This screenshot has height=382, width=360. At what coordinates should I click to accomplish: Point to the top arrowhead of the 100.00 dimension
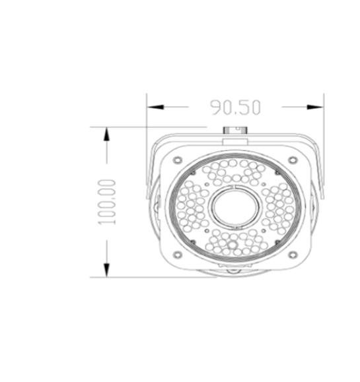[x=106, y=133]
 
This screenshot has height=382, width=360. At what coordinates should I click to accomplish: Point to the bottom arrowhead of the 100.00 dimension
[x=106, y=271]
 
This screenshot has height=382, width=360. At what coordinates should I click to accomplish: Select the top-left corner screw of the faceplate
[x=176, y=160]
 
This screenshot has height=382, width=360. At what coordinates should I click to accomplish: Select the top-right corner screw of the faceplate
[x=291, y=160]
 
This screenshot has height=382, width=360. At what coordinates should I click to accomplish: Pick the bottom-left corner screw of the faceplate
[x=176, y=257]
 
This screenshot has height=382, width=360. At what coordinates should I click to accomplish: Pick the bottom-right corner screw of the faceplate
[x=291, y=257]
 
